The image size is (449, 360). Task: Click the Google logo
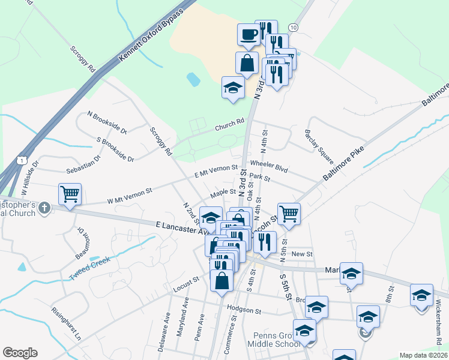[20, 353]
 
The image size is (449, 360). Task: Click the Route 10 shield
[293, 28]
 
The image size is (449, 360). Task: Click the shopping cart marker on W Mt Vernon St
[70, 194]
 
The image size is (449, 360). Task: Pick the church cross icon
[43, 208]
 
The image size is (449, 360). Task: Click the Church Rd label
[231, 125]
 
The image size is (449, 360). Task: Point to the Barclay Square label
[319, 146]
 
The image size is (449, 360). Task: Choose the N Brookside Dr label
[107, 122]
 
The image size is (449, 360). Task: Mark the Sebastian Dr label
[83, 166]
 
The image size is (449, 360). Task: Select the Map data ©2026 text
[424, 355]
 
